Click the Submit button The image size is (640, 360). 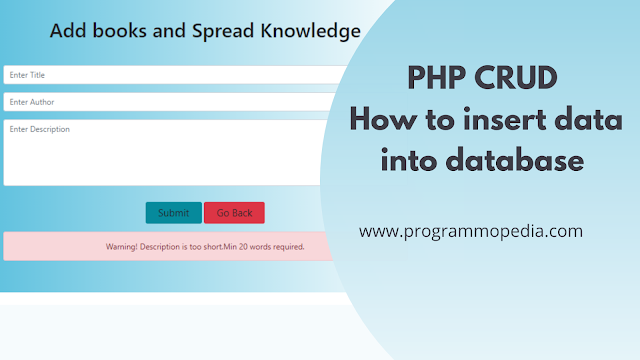coord(173,213)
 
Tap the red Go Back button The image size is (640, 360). coord(234,213)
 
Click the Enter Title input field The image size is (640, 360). coord(175,75)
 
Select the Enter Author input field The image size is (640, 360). coord(175,102)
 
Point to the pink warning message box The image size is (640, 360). coord(170,246)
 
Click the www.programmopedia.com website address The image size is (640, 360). coord(470,231)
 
